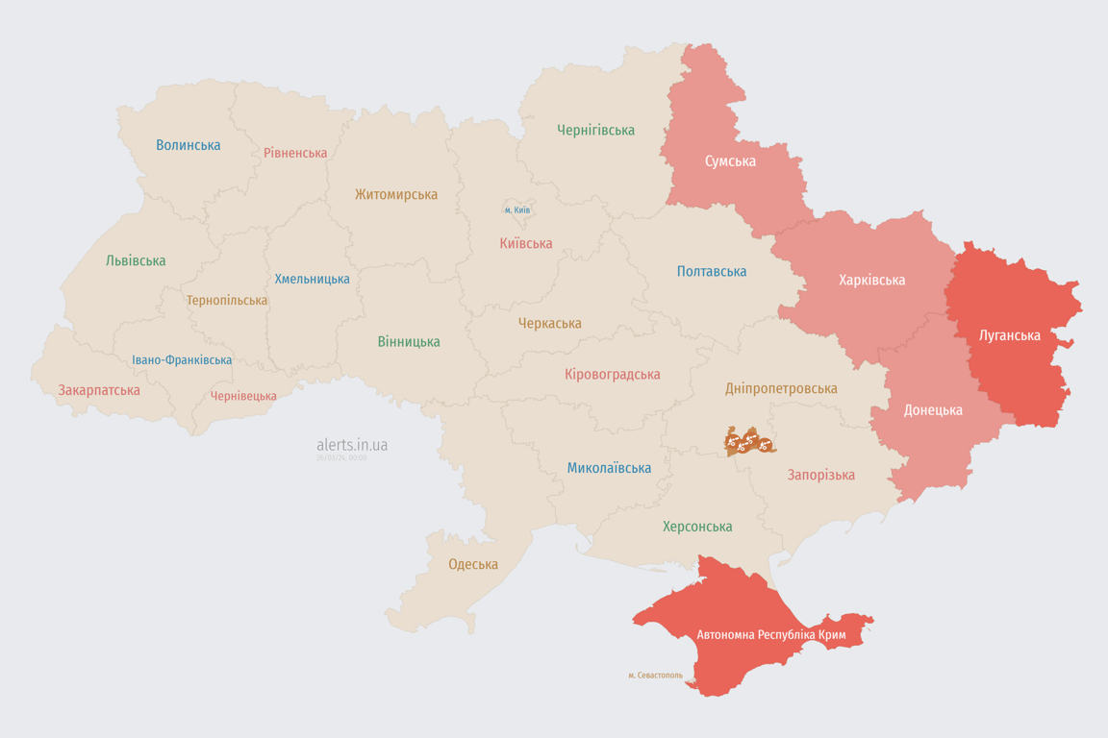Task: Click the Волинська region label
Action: click(189, 145)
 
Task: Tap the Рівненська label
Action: click(295, 153)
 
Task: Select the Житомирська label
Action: click(395, 194)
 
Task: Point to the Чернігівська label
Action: click(595, 130)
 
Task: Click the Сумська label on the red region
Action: click(730, 160)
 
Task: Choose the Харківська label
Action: click(871, 280)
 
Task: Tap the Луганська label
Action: click(1009, 335)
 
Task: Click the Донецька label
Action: click(932, 409)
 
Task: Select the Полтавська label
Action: click(712, 271)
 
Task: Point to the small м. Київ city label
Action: click(517, 209)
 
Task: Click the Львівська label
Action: click(136, 260)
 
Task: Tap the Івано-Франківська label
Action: click(182, 360)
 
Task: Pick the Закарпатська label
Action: click(99, 390)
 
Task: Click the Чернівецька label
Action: click(243, 396)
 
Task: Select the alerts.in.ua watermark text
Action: click(352, 445)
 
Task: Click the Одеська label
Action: click(473, 564)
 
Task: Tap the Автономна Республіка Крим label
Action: click(770, 635)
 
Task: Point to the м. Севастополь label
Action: click(655, 675)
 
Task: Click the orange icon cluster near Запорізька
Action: click(749, 442)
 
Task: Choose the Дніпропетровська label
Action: click(780, 388)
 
